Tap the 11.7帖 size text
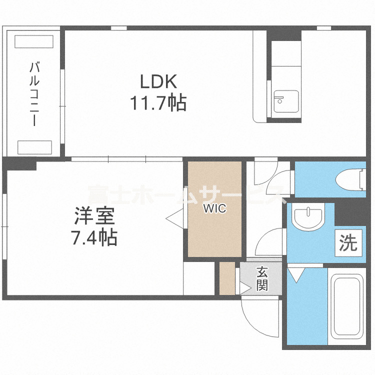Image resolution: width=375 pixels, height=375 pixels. (x=158, y=103)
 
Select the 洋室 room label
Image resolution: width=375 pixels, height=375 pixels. (x=95, y=216)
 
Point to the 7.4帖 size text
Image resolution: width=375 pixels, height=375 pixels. (x=94, y=237)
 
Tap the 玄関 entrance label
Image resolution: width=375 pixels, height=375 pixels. (x=262, y=279)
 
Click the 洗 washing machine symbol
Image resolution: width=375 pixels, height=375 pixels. (x=348, y=243)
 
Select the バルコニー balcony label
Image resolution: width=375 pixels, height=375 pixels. (x=34, y=93)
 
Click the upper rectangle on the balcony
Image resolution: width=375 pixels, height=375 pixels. (x=34, y=41)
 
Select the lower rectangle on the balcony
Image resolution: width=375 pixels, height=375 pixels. (x=34, y=147)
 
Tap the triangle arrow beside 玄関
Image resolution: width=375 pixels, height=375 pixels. (x=245, y=288)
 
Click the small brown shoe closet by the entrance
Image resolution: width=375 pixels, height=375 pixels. (x=227, y=278)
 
